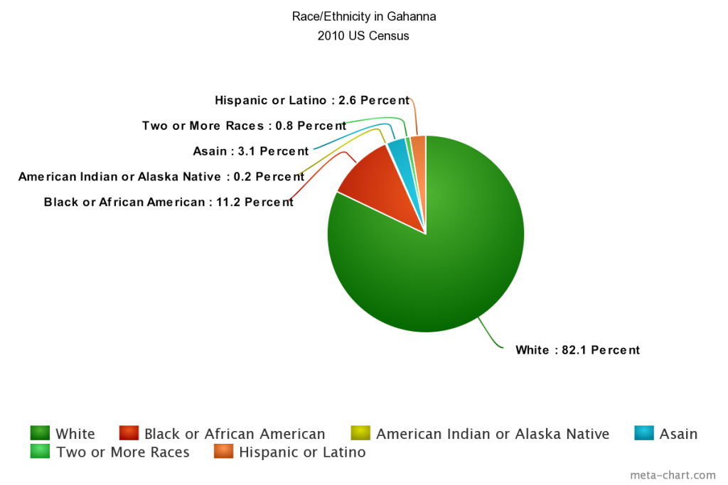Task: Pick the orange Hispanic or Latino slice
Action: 419,148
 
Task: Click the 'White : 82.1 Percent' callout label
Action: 577,350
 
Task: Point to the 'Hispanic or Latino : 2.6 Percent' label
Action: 312,101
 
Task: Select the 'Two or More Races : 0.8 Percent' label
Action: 244,126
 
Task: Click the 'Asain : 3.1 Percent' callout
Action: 251,151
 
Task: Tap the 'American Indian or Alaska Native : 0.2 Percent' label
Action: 161,177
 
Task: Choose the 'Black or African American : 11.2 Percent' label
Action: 168,202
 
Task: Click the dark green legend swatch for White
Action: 40,433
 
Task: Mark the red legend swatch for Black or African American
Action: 129,433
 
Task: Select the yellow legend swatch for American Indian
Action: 360,433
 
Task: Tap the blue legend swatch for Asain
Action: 643,433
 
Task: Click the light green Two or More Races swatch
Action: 40,451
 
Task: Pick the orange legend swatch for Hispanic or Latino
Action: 223,451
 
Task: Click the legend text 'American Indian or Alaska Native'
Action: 493,434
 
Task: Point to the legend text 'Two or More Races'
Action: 123,452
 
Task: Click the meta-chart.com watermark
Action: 673,475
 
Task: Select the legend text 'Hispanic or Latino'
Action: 302,452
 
